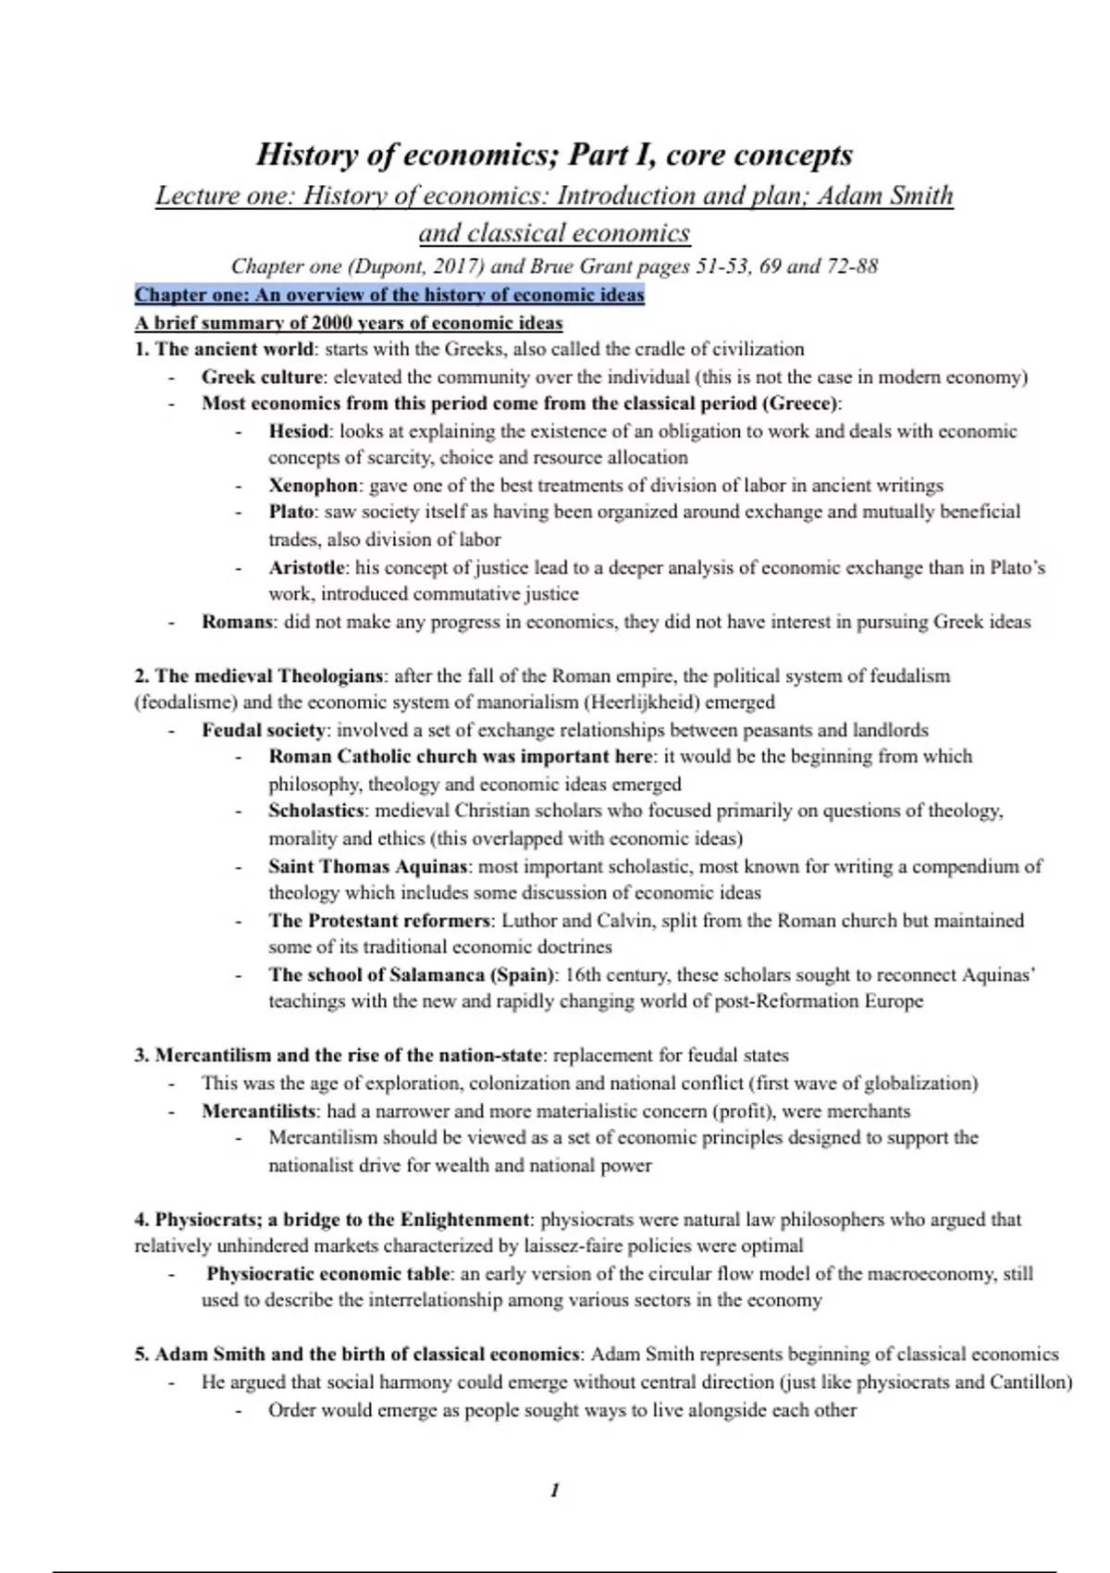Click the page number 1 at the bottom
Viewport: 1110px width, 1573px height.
(x=554, y=1490)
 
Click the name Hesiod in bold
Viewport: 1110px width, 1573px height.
(x=298, y=431)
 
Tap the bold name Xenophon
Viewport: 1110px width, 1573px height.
(x=313, y=485)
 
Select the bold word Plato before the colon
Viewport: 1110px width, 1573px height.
(x=291, y=512)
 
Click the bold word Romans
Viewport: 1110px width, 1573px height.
(x=238, y=622)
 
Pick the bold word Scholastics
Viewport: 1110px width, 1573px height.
(x=316, y=811)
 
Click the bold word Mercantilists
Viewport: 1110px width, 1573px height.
(x=259, y=1111)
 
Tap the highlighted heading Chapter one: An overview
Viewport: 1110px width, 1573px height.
(x=389, y=295)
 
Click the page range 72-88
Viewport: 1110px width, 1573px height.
(x=852, y=266)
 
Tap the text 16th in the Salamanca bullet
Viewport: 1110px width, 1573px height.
(x=583, y=974)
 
